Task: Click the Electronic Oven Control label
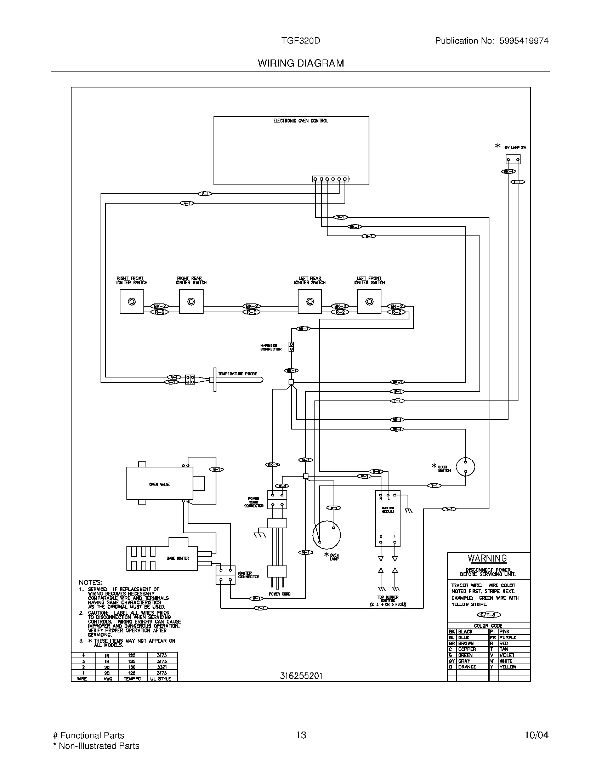[x=300, y=121]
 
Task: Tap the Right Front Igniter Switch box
[x=132, y=301]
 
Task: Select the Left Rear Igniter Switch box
[x=309, y=301]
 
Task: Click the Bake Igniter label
[x=178, y=558]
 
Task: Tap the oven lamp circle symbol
[x=326, y=535]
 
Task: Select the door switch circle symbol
[x=465, y=467]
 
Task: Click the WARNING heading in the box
[x=487, y=558]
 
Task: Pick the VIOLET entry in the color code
[x=506, y=655]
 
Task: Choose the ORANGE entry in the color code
[x=467, y=667]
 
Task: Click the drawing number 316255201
[x=301, y=676]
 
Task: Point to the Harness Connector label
[x=271, y=347]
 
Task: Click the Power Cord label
[x=279, y=594]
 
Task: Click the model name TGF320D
[x=300, y=41]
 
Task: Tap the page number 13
[x=301, y=735]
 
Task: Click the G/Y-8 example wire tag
[x=489, y=615]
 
